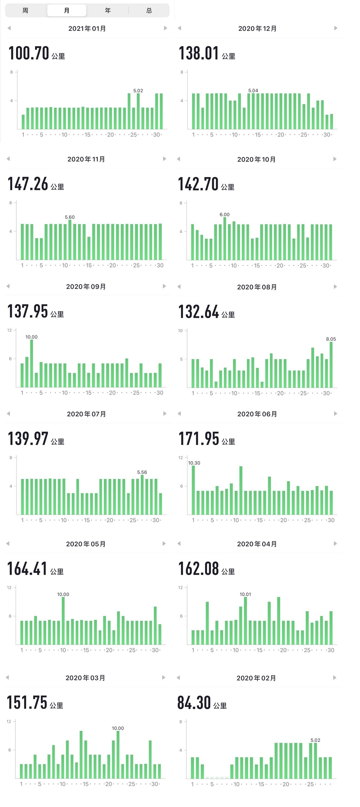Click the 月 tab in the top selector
(x=67, y=11)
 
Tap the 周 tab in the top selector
(x=25, y=11)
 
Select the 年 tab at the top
(x=108, y=11)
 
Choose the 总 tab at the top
(x=149, y=11)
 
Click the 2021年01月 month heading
(x=87, y=29)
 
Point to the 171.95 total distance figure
(x=199, y=439)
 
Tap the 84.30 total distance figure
(x=194, y=702)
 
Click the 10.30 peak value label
(x=194, y=463)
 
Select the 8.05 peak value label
(x=331, y=339)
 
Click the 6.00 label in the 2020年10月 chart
(x=225, y=215)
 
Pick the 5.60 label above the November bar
(x=70, y=217)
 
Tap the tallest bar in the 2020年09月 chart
(x=32, y=363)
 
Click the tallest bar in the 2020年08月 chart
(x=331, y=364)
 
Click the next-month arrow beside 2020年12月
(x=336, y=28)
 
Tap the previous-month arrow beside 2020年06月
(x=179, y=414)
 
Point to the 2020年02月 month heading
(x=256, y=678)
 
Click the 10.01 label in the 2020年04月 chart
(x=245, y=594)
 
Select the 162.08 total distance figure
(x=199, y=569)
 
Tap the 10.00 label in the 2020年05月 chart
(x=63, y=594)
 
